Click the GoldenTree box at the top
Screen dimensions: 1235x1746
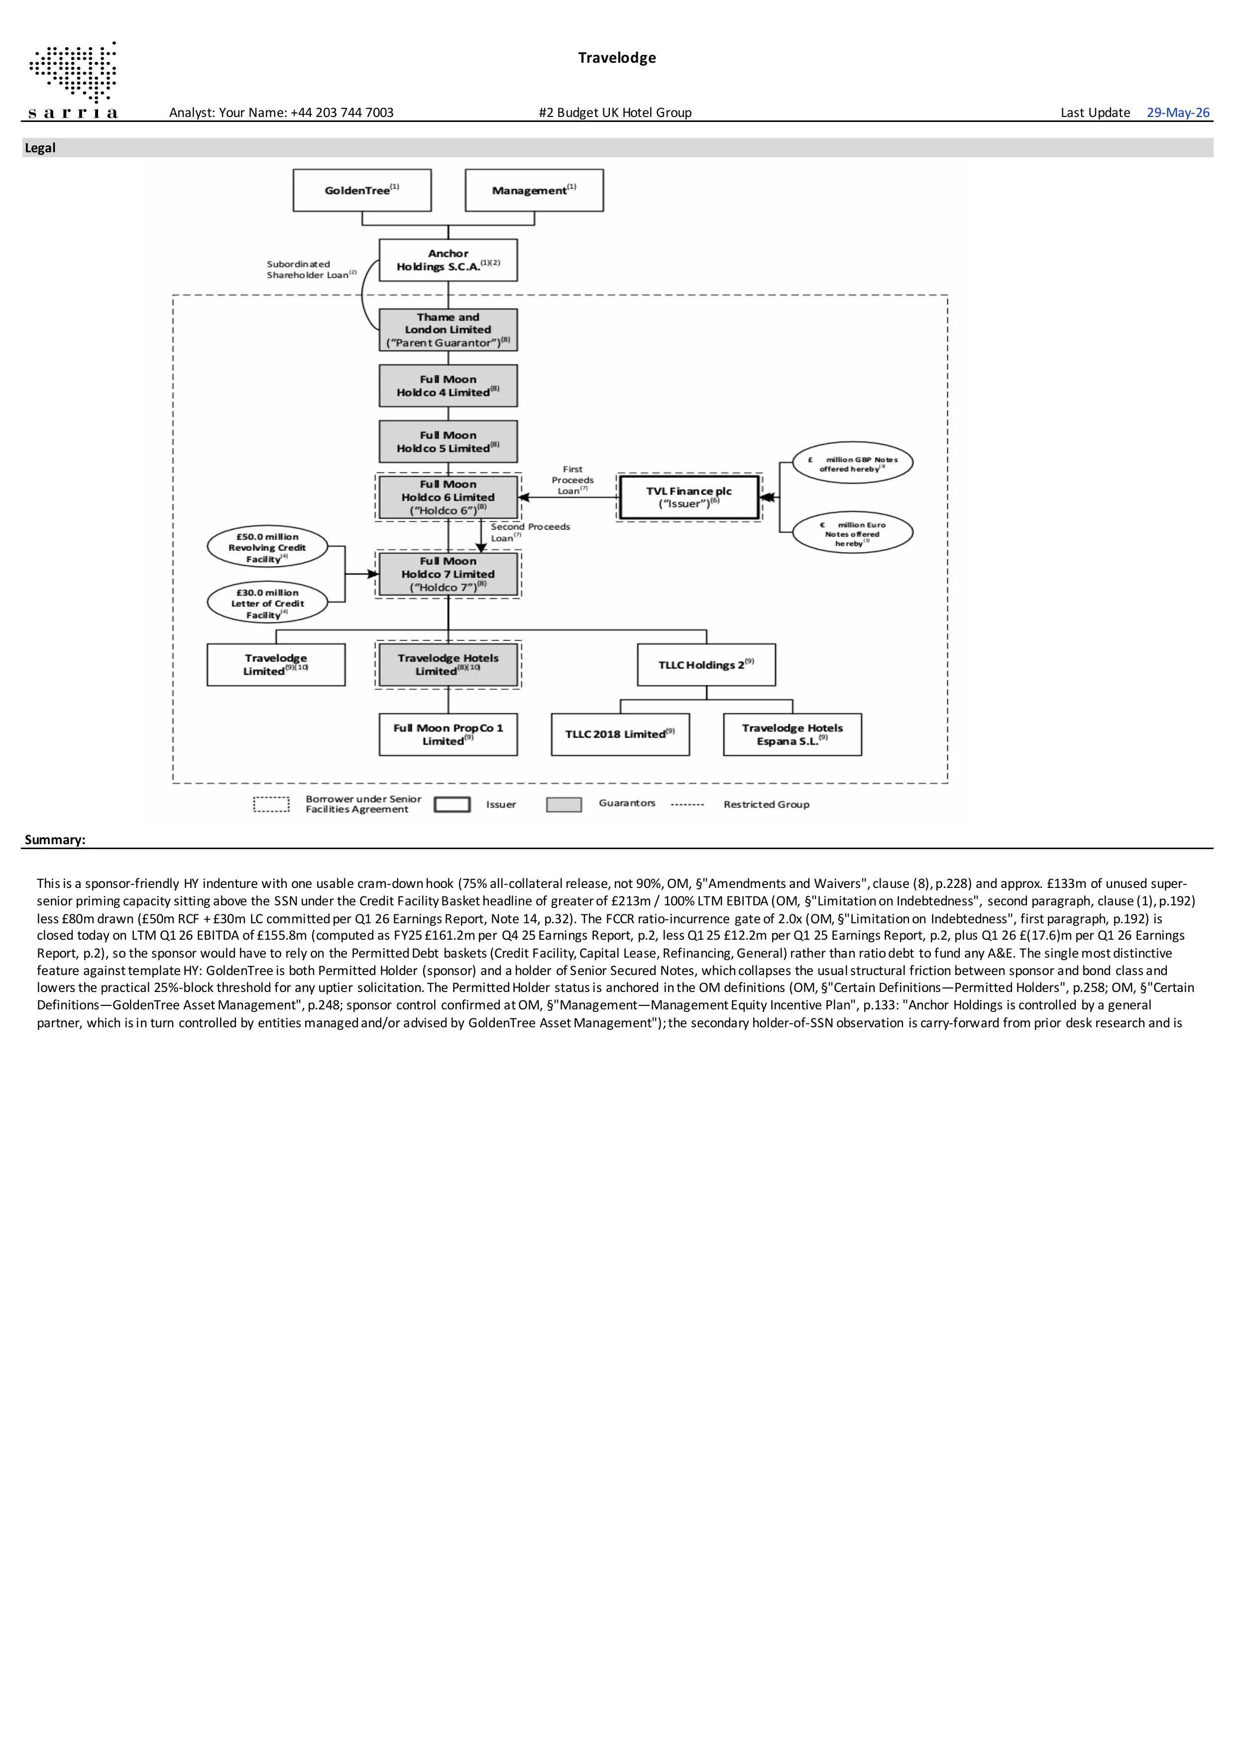point(362,190)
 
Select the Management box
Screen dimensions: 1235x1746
point(534,190)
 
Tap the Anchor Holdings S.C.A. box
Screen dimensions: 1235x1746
point(448,260)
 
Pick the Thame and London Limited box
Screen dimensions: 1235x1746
point(448,330)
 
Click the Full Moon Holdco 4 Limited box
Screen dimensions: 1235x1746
point(448,386)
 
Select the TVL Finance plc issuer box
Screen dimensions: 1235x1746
point(689,497)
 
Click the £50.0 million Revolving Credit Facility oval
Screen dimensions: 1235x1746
point(267,547)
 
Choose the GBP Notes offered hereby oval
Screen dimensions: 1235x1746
point(853,462)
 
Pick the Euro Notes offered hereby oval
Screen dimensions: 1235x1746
point(853,533)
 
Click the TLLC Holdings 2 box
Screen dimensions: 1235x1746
point(706,664)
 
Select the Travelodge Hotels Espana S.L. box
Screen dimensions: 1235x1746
point(792,735)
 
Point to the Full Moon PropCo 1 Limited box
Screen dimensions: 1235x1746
point(448,735)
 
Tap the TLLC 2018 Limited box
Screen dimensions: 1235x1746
point(620,735)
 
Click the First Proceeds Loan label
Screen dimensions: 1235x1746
point(572,480)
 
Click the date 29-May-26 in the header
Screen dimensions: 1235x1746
point(1178,112)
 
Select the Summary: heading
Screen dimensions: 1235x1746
point(55,840)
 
